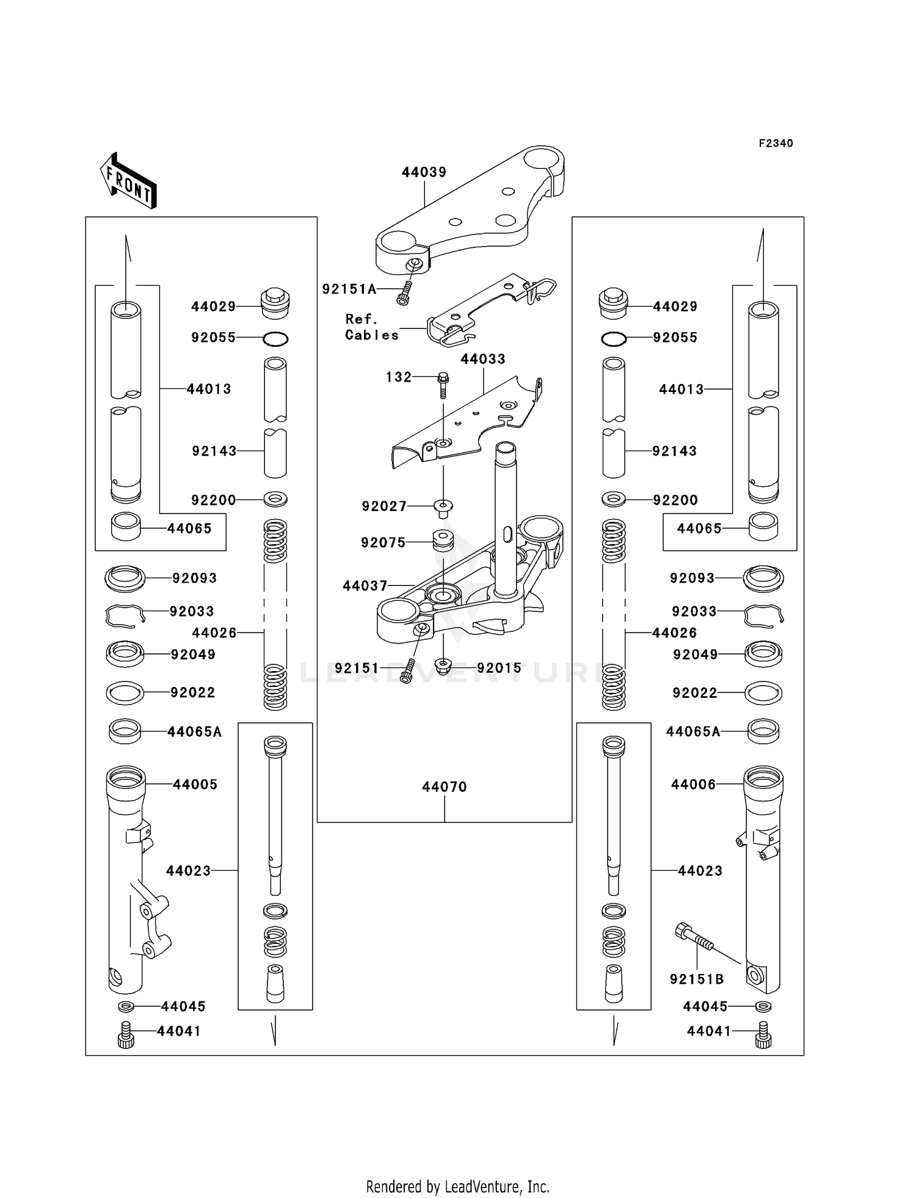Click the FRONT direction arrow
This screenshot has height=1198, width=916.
point(128,181)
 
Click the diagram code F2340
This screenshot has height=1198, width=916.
point(776,143)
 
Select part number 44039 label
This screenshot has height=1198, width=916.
point(424,172)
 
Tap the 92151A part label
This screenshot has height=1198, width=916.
point(349,289)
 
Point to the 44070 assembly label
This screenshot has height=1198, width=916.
point(444,787)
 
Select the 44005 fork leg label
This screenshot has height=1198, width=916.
point(195,785)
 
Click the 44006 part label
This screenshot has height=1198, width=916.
point(693,785)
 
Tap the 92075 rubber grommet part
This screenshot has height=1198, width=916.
point(443,541)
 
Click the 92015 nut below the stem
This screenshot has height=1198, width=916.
point(443,664)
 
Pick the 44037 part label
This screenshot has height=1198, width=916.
point(365,586)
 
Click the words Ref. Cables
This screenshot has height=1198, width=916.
point(371,327)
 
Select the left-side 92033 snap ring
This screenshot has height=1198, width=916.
point(125,615)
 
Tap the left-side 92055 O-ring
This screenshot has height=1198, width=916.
point(275,339)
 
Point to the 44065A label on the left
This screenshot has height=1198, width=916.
point(194,732)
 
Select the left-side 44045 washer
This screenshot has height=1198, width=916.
point(125,1006)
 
